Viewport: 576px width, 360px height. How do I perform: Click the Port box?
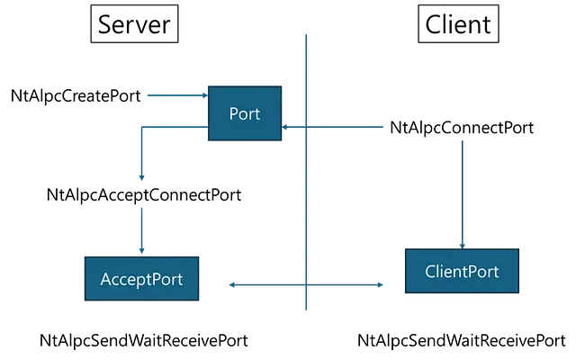pyautogui.click(x=245, y=113)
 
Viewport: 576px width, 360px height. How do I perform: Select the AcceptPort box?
pyautogui.click(x=141, y=279)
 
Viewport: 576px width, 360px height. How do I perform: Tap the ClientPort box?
pyautogui.click(x=462, y=271)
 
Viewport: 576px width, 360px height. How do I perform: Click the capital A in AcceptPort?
pyautogui.click(x=106, y=279)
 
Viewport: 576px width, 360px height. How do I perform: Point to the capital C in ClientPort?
pyautogui.click(x=430, y=271)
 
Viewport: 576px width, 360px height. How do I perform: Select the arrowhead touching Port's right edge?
pyautogui.click(x=285, y=127)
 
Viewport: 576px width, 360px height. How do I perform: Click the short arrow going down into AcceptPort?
pyautogui.click(x=141, y=229)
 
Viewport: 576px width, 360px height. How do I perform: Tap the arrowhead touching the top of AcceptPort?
pyautogui.click(x=141, y=251)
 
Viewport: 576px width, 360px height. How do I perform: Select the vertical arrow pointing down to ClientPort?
pyautogui.click(x=463, y=193)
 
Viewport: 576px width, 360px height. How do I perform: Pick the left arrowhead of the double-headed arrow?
pyautogui.click(x=232, y=284)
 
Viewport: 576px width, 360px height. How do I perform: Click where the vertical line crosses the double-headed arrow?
pyautogui.click(x=306, y=284)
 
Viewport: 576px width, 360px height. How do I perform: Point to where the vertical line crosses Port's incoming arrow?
pyautogui.click(x=306, y=127)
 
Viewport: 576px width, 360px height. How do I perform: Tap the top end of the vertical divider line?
pyautogui.click(x=306, y=35)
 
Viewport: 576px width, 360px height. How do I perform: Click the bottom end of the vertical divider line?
pyautogui.click(x=306, y=310)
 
